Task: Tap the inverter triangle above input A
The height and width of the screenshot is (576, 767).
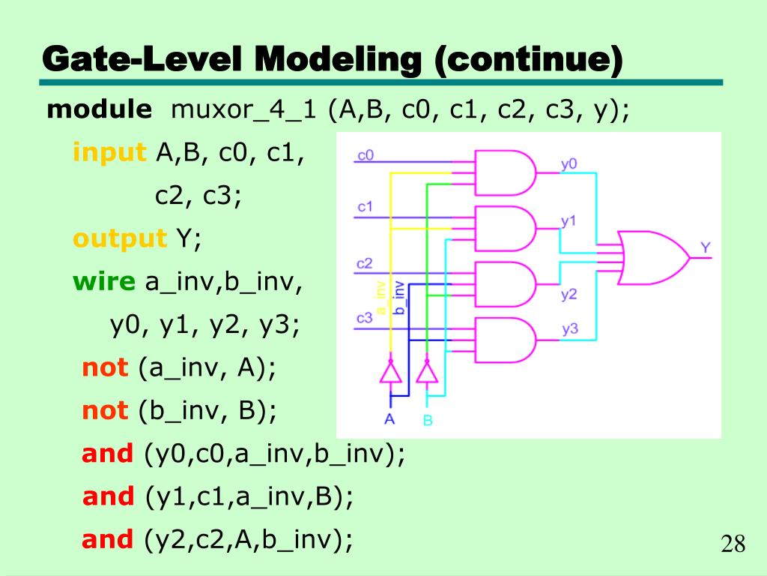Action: click(x=389, y=372)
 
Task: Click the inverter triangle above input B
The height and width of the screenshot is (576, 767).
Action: click(x=426, y=372)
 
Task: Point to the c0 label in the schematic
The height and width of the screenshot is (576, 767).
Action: click(x=366, y=156)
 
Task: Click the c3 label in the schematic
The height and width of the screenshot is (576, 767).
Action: click(x=365, y=318)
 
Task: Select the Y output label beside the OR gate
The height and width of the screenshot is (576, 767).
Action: click(x=706, y=247)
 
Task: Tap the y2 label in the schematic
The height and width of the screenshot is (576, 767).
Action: click(x=569, y=294)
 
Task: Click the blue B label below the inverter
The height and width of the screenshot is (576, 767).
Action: click(x=427, y=419)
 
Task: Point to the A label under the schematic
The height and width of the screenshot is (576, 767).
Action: click(x=389, y=418)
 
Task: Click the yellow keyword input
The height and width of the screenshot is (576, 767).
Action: click(x=109, y=153)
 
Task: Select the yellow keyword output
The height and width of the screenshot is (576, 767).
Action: click(x=119, y=239)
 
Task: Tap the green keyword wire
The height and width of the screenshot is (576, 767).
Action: click(x=104, y=282)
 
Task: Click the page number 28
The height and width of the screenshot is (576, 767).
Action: click(x=733, y=544)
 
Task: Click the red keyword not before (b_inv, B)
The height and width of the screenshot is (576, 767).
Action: click(x=105, y=411)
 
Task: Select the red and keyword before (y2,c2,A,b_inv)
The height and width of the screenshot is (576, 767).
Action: click(x=107, y=539)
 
